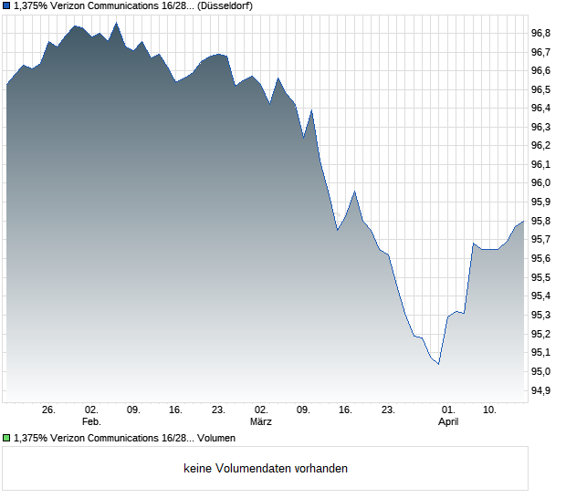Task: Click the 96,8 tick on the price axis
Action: [x=541, y=33]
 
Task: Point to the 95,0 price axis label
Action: [x=541, y=371]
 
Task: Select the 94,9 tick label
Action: [x=541, y=390]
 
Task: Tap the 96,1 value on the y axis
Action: [x=541, y=164]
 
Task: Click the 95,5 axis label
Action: [x=541, y=277]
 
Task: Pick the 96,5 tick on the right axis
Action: [x=541, y=89]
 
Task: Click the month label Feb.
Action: [x=91, y=422]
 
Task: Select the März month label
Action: [x=262, y=422]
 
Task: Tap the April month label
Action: [x=448, y=422]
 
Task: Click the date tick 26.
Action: [x=49, y=410]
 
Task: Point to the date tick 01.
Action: [x=448, y=410]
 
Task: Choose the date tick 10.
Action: [x=490, y=410]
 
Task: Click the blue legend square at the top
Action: [x=6, y=6]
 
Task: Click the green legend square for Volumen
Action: [x=6, y=438]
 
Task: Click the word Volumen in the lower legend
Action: [x=215, y=438]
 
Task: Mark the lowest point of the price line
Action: [x=439, y=364]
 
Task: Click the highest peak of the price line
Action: [x=116, y=23]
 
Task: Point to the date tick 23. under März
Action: [x=388, y=410]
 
